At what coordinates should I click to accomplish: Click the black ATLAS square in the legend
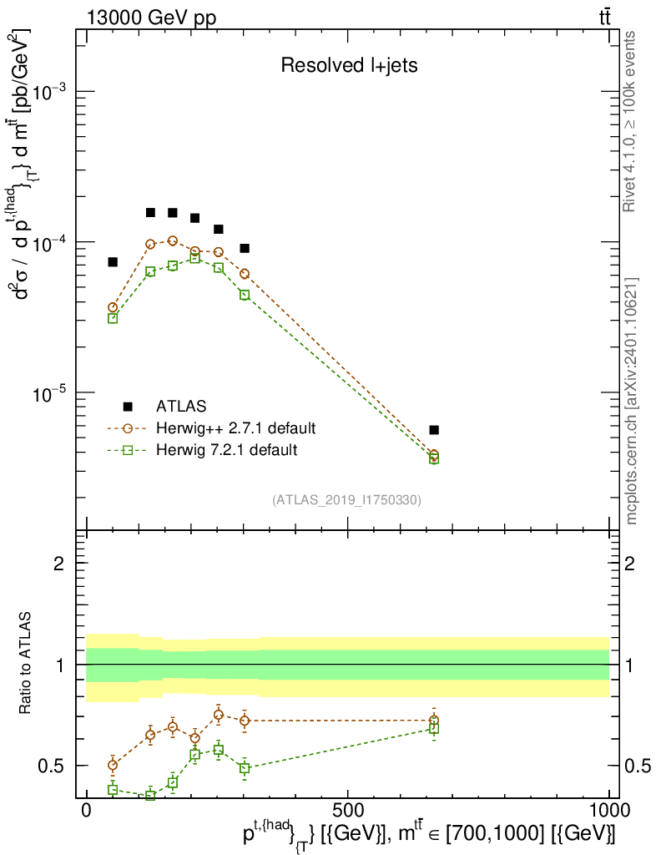tap(128, 407)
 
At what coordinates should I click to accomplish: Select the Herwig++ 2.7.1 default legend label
tap(235, 429)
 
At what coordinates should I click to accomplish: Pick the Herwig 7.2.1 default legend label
tap(226, 451)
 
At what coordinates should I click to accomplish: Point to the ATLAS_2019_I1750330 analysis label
tap(346, 500)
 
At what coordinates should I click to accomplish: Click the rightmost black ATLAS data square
tap(434, 430)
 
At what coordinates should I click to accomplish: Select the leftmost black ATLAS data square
tap(113, 262)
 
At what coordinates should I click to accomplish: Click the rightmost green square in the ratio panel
tap(434, 729)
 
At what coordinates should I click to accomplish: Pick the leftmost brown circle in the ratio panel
tap(113, 765)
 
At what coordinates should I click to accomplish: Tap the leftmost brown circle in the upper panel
tap(113, 308)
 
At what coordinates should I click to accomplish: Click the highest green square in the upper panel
tap(194, 258)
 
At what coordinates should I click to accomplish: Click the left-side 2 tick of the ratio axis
tap(59, 564)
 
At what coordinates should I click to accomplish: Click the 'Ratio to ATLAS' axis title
tap(28, 665)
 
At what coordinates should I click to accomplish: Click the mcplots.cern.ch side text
tap(632, 401)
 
